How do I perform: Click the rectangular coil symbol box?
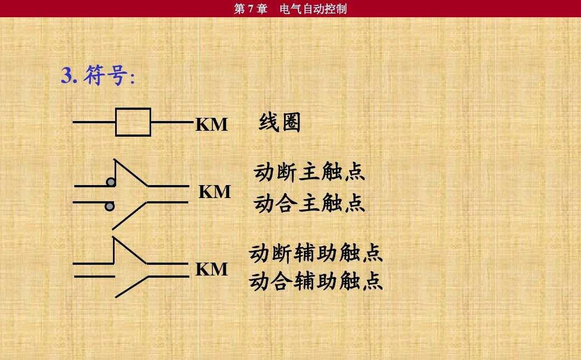[133, 122]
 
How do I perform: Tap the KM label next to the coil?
[211, 124]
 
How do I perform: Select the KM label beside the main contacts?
[215, 192]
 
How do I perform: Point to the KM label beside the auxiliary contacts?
[211, 269]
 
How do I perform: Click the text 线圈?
[280, 122]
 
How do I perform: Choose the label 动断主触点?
[309, 172]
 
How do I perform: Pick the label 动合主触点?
[309, 203]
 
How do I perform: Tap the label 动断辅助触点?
[315, 253]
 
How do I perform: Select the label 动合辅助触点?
[315, 281]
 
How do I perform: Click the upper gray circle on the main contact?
[111, 182]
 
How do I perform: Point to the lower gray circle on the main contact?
[110, 207]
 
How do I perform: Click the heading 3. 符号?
[98, 75]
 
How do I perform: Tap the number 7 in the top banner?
[251, 9]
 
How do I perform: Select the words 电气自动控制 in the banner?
[314, 9]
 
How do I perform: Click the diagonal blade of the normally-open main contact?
[130, 216]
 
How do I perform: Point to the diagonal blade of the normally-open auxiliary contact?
[132, 287]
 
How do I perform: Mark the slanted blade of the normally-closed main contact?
[131, 172]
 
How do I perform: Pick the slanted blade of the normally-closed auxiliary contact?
[130, 250]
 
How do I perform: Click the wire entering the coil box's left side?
[94, 122]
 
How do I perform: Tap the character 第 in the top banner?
[240, 9]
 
